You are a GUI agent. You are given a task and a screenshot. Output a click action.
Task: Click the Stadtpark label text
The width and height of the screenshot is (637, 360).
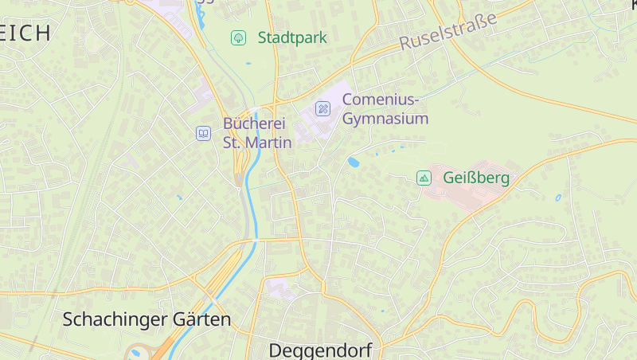[x=292, y=37]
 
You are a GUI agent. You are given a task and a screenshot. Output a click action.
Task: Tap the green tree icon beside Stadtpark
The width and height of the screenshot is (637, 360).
[x=238, y=37]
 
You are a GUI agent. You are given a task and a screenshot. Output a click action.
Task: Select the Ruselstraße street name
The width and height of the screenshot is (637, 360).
[x=447, y=31]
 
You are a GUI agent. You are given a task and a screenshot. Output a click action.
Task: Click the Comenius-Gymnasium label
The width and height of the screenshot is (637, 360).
[x=385, y=109]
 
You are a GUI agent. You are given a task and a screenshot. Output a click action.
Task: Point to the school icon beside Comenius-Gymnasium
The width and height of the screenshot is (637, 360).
[x=322, y=108]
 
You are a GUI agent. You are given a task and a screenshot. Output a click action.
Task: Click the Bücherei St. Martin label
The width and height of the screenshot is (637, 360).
[x=257, y=133]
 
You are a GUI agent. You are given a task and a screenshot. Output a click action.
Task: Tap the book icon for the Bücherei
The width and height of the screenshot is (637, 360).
[x=203, y=133]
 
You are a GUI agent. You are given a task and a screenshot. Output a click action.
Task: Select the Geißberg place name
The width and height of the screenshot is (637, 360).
[x=475, y=178]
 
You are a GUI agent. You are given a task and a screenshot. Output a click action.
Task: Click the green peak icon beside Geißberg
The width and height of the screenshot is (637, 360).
[x=424, y=178]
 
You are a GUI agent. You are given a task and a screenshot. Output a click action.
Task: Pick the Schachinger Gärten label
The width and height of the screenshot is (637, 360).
[x=147, y=320]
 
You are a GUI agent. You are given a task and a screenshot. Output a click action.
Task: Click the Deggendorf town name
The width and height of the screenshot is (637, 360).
[x=320, y=350]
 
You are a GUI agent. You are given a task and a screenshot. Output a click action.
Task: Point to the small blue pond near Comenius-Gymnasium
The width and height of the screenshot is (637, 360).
[x=353, y=162]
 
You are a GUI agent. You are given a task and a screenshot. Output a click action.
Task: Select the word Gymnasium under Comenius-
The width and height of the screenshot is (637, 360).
[x=385, y=119]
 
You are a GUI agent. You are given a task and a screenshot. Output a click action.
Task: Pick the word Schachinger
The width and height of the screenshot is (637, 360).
[x=114, y=320]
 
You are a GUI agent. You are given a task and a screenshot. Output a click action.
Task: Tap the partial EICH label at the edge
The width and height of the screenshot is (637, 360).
[x=25, y=33]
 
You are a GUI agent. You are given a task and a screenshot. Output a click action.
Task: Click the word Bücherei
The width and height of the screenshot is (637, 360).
[x=254, y=123]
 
